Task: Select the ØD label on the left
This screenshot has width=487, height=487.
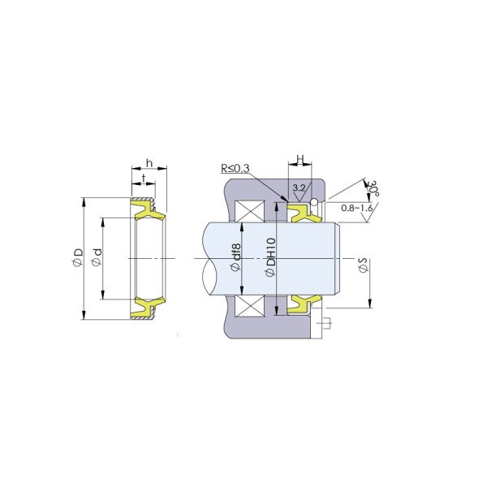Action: click(x=77, y=258)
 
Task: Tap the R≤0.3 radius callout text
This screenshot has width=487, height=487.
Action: click(x=235, y=169)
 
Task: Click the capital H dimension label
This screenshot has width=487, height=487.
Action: click(x=300, y=159)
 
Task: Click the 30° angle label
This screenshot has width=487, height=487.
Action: click(x=373, y=189)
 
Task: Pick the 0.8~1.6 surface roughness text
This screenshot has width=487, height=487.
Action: click(x=357, y=209)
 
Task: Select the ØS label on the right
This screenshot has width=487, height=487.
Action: click(x=363, y=265)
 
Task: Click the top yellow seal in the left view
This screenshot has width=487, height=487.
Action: click(x=148, y=212)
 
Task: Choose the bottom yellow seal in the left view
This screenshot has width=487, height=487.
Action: click(x=148, y=306)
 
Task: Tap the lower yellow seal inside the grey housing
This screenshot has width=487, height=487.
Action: click(x=302, y=304)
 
